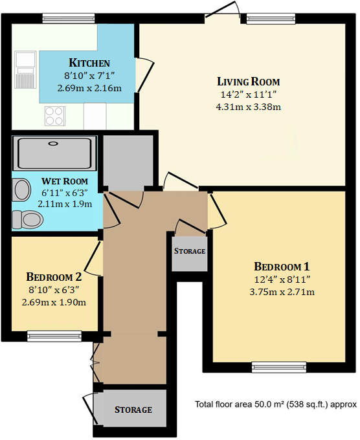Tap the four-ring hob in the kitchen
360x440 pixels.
click(x=54, y=116)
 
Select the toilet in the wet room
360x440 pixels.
click(x=26, y=219)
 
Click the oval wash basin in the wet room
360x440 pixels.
click(x=22, y=190)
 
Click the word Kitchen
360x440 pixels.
click(x=89, y=63)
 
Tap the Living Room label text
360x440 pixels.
click(x=249, y=82)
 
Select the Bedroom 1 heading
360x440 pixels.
click(x=282, y=267)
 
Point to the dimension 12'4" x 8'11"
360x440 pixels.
click(x=282, y=280)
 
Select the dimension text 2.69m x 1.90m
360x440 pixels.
click(x=54, y=302)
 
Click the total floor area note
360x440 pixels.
click(x=276, y=404)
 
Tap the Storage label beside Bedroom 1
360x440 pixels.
click(x=190, y=251)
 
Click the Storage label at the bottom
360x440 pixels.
click(x=133, y=410)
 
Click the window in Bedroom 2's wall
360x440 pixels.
click(x=54, y=335)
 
